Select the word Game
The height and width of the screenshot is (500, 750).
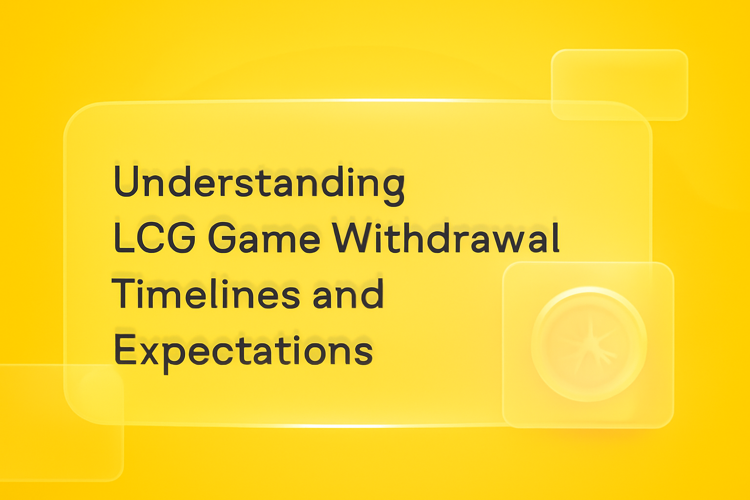[264, 238]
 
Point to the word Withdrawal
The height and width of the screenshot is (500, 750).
[446, 238]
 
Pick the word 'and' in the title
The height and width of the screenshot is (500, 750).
[348, 294]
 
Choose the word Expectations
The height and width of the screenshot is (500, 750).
[243, 350]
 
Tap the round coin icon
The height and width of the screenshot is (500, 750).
[589, 344]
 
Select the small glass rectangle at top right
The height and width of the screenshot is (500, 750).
[619, 84]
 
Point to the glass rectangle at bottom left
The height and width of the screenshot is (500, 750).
[59, 423]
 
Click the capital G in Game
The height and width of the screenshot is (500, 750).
[225, 238]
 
